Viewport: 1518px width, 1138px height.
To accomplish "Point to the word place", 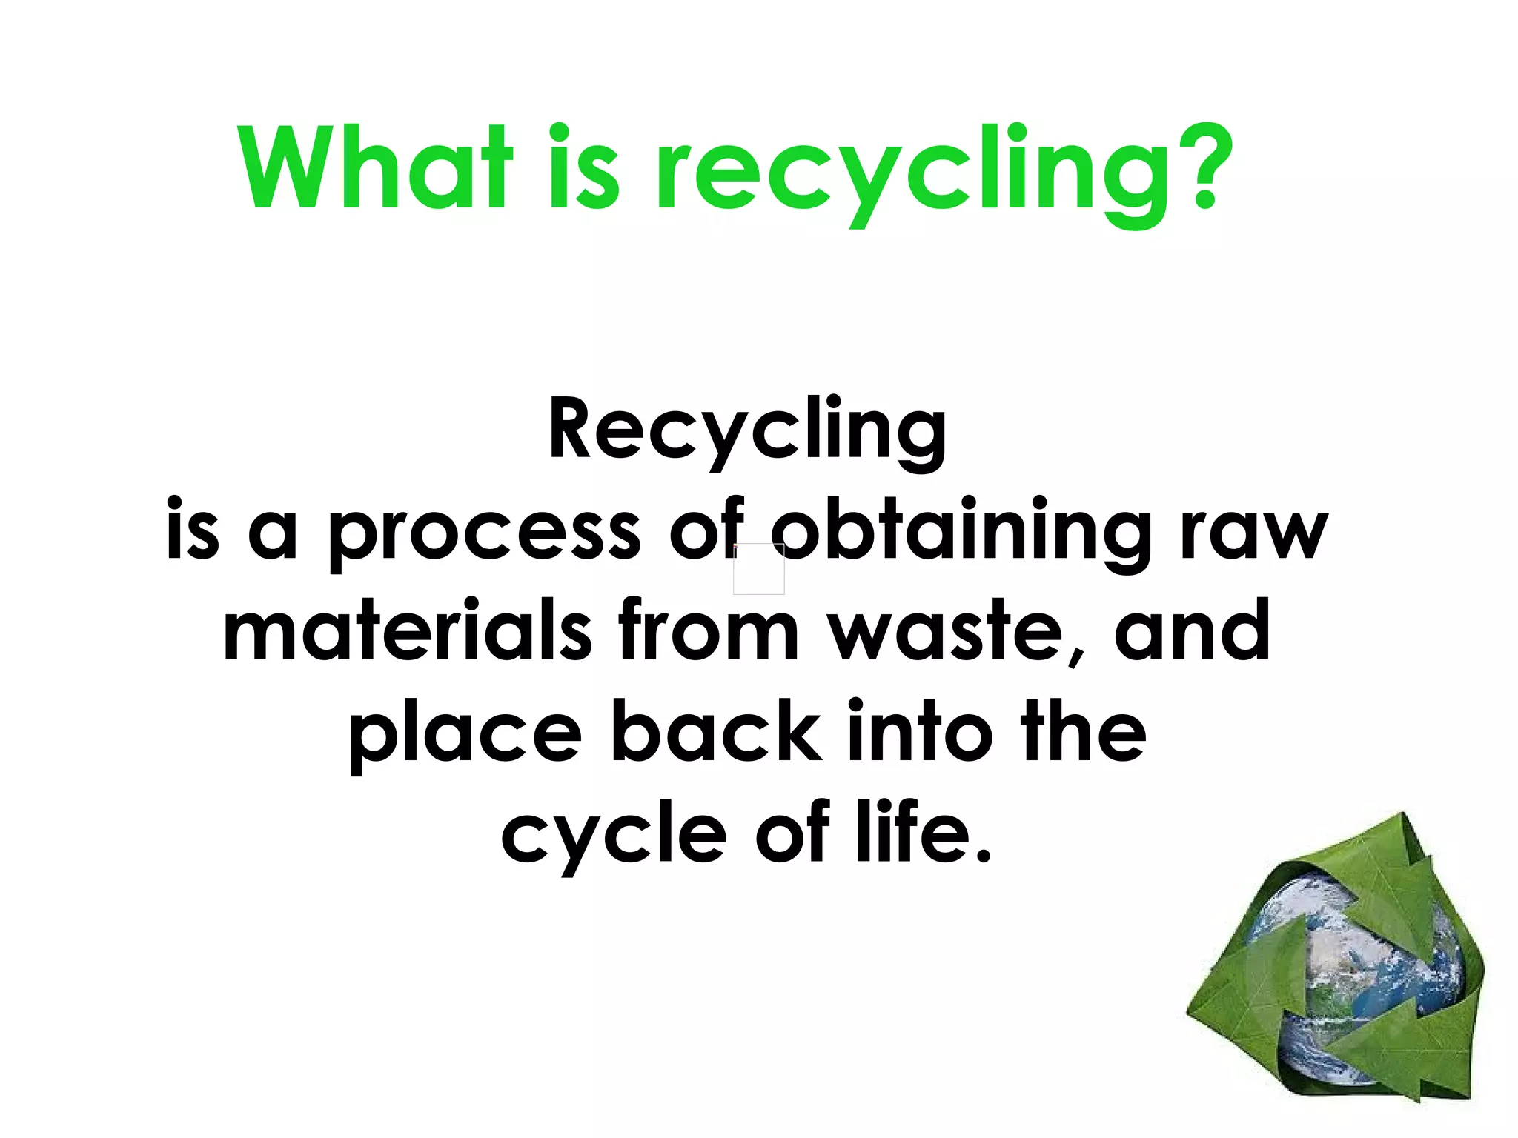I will (465, 733).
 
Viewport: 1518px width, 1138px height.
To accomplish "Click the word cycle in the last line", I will (614, 836).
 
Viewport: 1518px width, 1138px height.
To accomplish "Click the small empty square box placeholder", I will (758, 569).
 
